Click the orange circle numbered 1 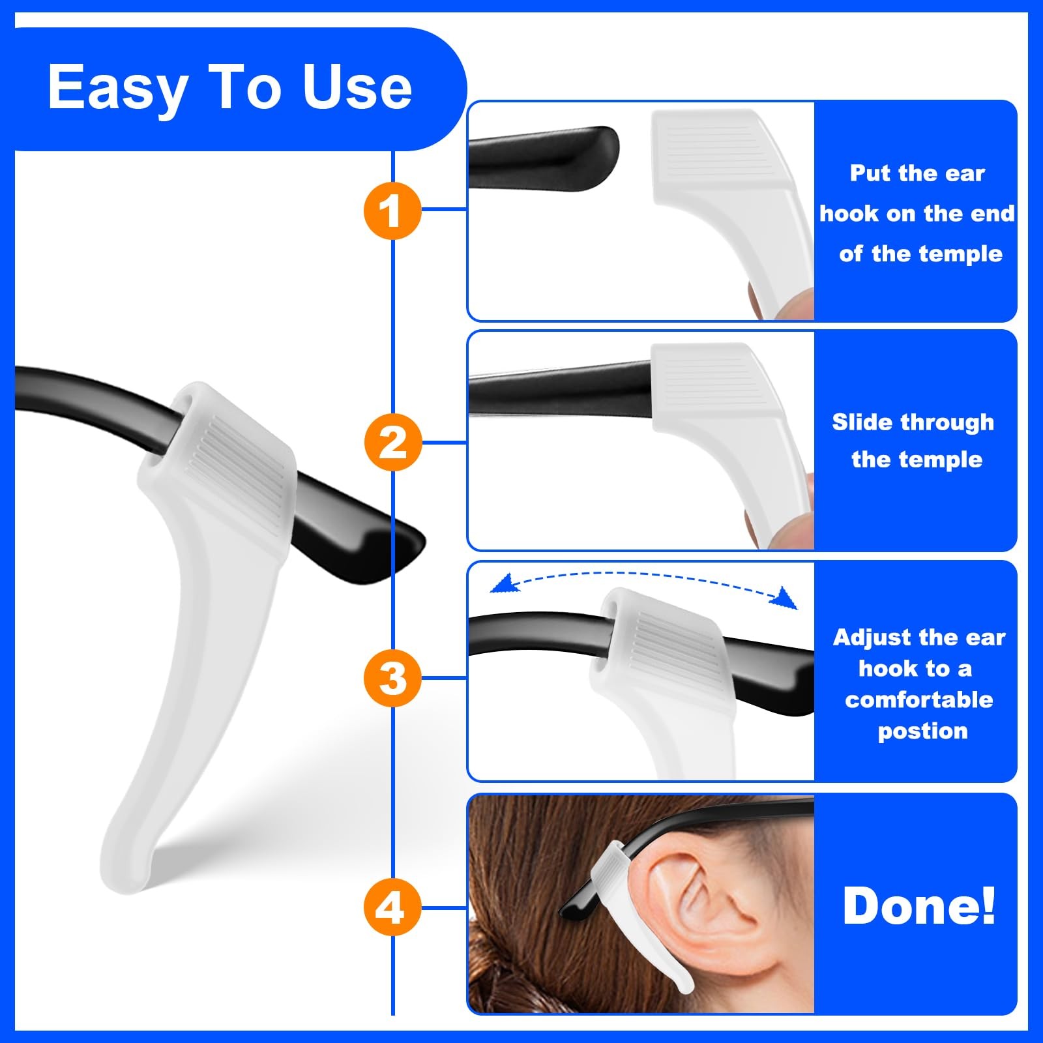pos(392,210)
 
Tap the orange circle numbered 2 pos(392,442)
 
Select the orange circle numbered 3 pos(392,677)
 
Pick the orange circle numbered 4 pos(392,907)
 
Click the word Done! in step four pos(919,905)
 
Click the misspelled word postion pos(922,731)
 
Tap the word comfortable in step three pos(919,699)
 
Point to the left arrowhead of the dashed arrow pos(503,583)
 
